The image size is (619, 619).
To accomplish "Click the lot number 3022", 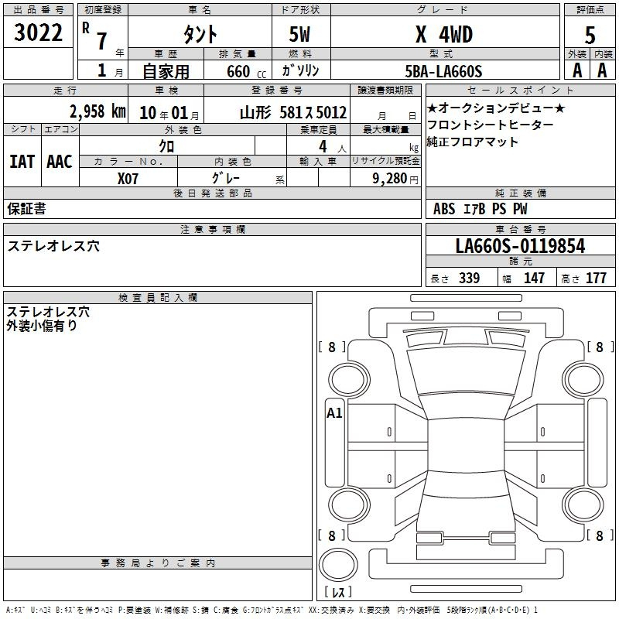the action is pyautogui.click(x=38, y=32).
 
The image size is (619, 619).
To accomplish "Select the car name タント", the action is pyautogui.click(x=200, y=34).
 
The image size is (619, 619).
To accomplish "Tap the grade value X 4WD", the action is pyautogui.click(x=444, y=34).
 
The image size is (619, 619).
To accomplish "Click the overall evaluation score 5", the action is pyautogui.click(x=590, y=36).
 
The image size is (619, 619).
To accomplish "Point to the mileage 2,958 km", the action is pyautogui.click(x=98, y=111).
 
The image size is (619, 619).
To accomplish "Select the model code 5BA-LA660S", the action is pyautogui.click(x=443, y=71).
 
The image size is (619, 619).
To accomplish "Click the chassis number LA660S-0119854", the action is pyautogui.click(x=520, y=246).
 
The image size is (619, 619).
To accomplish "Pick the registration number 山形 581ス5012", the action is pyautogui.click(x=293, y=113).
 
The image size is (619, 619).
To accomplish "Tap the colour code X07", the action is pyautogui.click(x=128, y=179).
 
